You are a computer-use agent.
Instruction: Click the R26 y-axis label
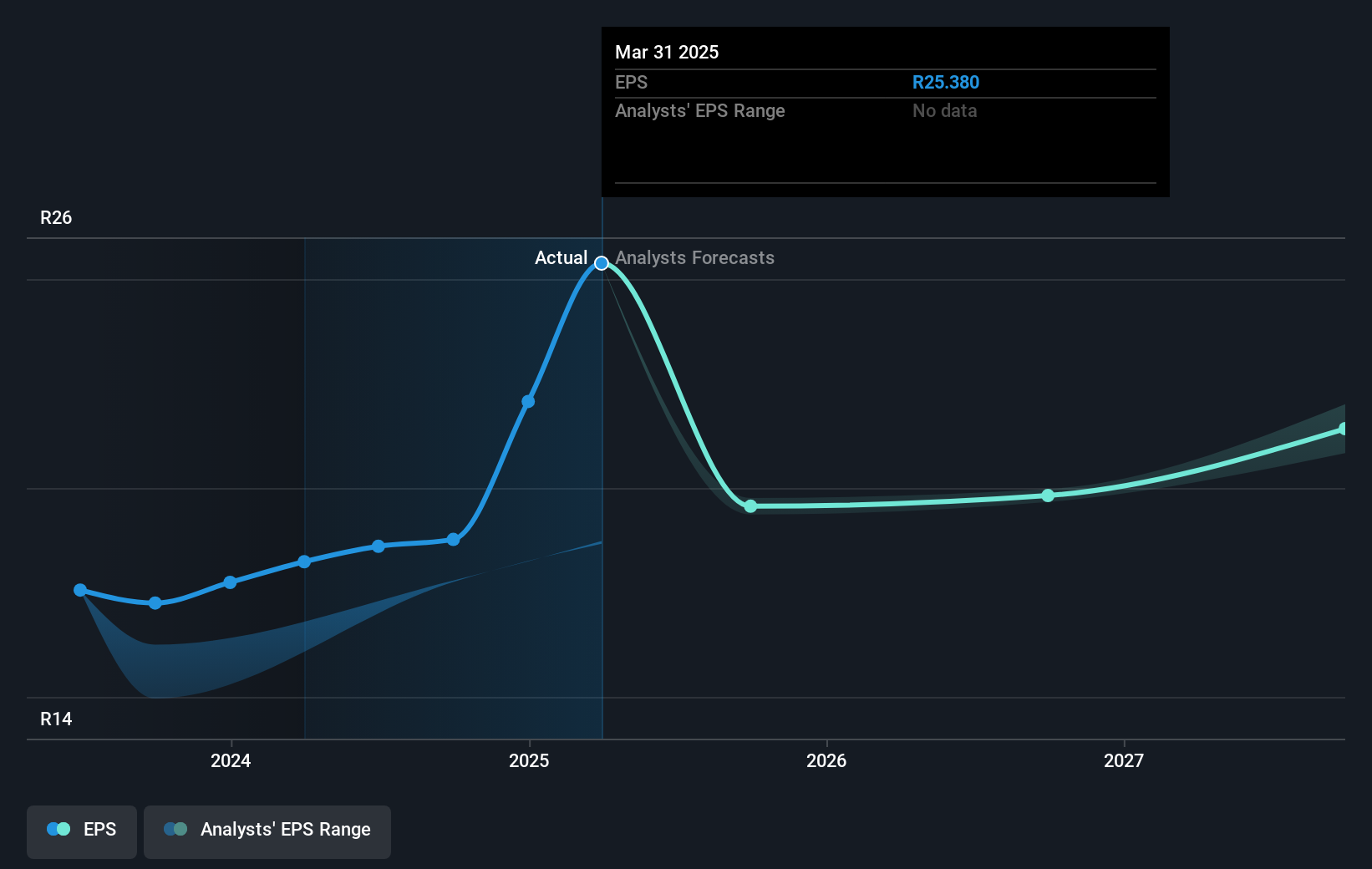point(56,218)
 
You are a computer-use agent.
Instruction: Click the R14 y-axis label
point(56,719)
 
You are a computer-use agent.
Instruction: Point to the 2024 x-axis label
point(231,760)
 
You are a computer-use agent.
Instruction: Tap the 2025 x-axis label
point(529,760)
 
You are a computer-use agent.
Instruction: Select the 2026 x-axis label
point(826,760)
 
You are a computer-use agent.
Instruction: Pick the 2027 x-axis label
point(1124,760)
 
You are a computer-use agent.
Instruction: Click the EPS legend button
point(82,830)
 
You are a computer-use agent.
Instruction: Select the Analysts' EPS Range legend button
point(267,830)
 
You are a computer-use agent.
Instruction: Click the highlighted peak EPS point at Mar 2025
point(602,263)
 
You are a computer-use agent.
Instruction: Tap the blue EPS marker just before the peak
point(528,402)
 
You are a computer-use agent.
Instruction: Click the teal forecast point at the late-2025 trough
point(750,506)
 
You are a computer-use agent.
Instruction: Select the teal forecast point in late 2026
point(1048,495)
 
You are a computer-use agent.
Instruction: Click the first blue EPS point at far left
point(80,590)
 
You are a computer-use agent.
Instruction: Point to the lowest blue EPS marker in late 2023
point(155,603)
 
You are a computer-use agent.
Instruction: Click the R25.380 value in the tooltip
point(945,83)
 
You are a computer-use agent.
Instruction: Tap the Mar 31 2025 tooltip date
point(667,53)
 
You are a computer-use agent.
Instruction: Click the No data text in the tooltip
point(944,111)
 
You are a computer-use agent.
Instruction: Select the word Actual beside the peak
point(561,258)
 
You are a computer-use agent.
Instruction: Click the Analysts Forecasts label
point(694,258)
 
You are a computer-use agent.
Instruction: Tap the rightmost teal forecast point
point(1343,429)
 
